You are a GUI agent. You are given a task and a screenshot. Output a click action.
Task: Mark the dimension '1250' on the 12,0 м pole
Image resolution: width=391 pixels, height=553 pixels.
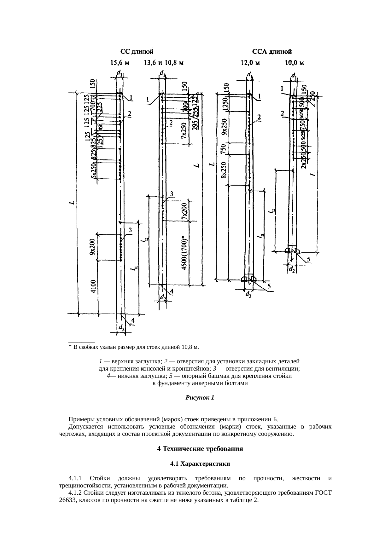pyautogui.click(x=225, y=104)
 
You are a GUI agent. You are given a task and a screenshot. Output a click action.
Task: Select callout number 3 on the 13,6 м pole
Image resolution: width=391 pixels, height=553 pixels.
pyautogui.click(x=172, y=194)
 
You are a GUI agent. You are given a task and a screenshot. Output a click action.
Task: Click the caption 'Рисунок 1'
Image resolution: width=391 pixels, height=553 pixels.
pyautogui.click(x=200, y=398)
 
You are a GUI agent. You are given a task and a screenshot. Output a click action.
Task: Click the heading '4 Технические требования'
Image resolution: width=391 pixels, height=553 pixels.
pyautogui.click(x=200, y=449)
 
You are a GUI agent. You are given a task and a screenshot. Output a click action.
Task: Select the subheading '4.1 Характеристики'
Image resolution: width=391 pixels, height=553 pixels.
pyautogui.click(x=200, y=464)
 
